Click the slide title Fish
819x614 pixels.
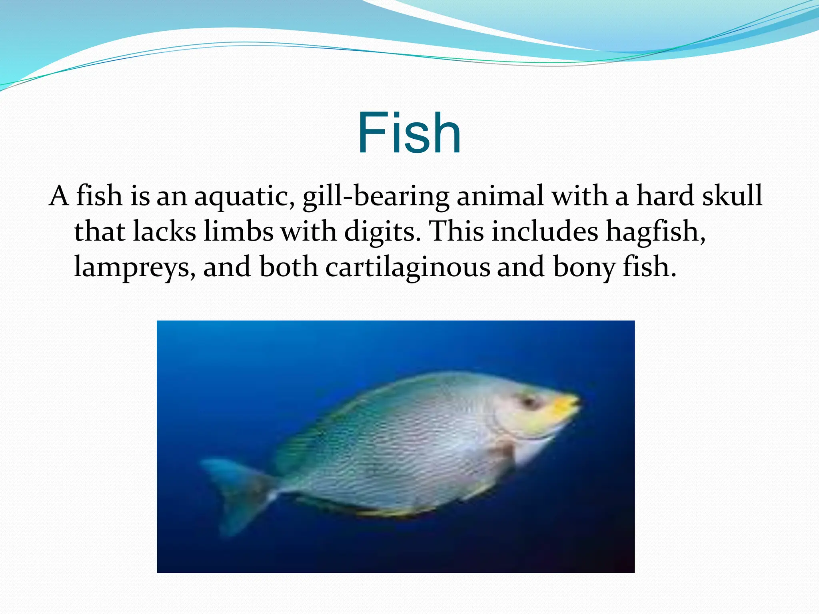click(409, 133)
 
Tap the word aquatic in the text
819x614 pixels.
click(244, 197)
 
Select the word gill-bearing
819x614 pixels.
click(376, 197)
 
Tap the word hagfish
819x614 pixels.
click(655, 232)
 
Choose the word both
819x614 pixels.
click(289, 267)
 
